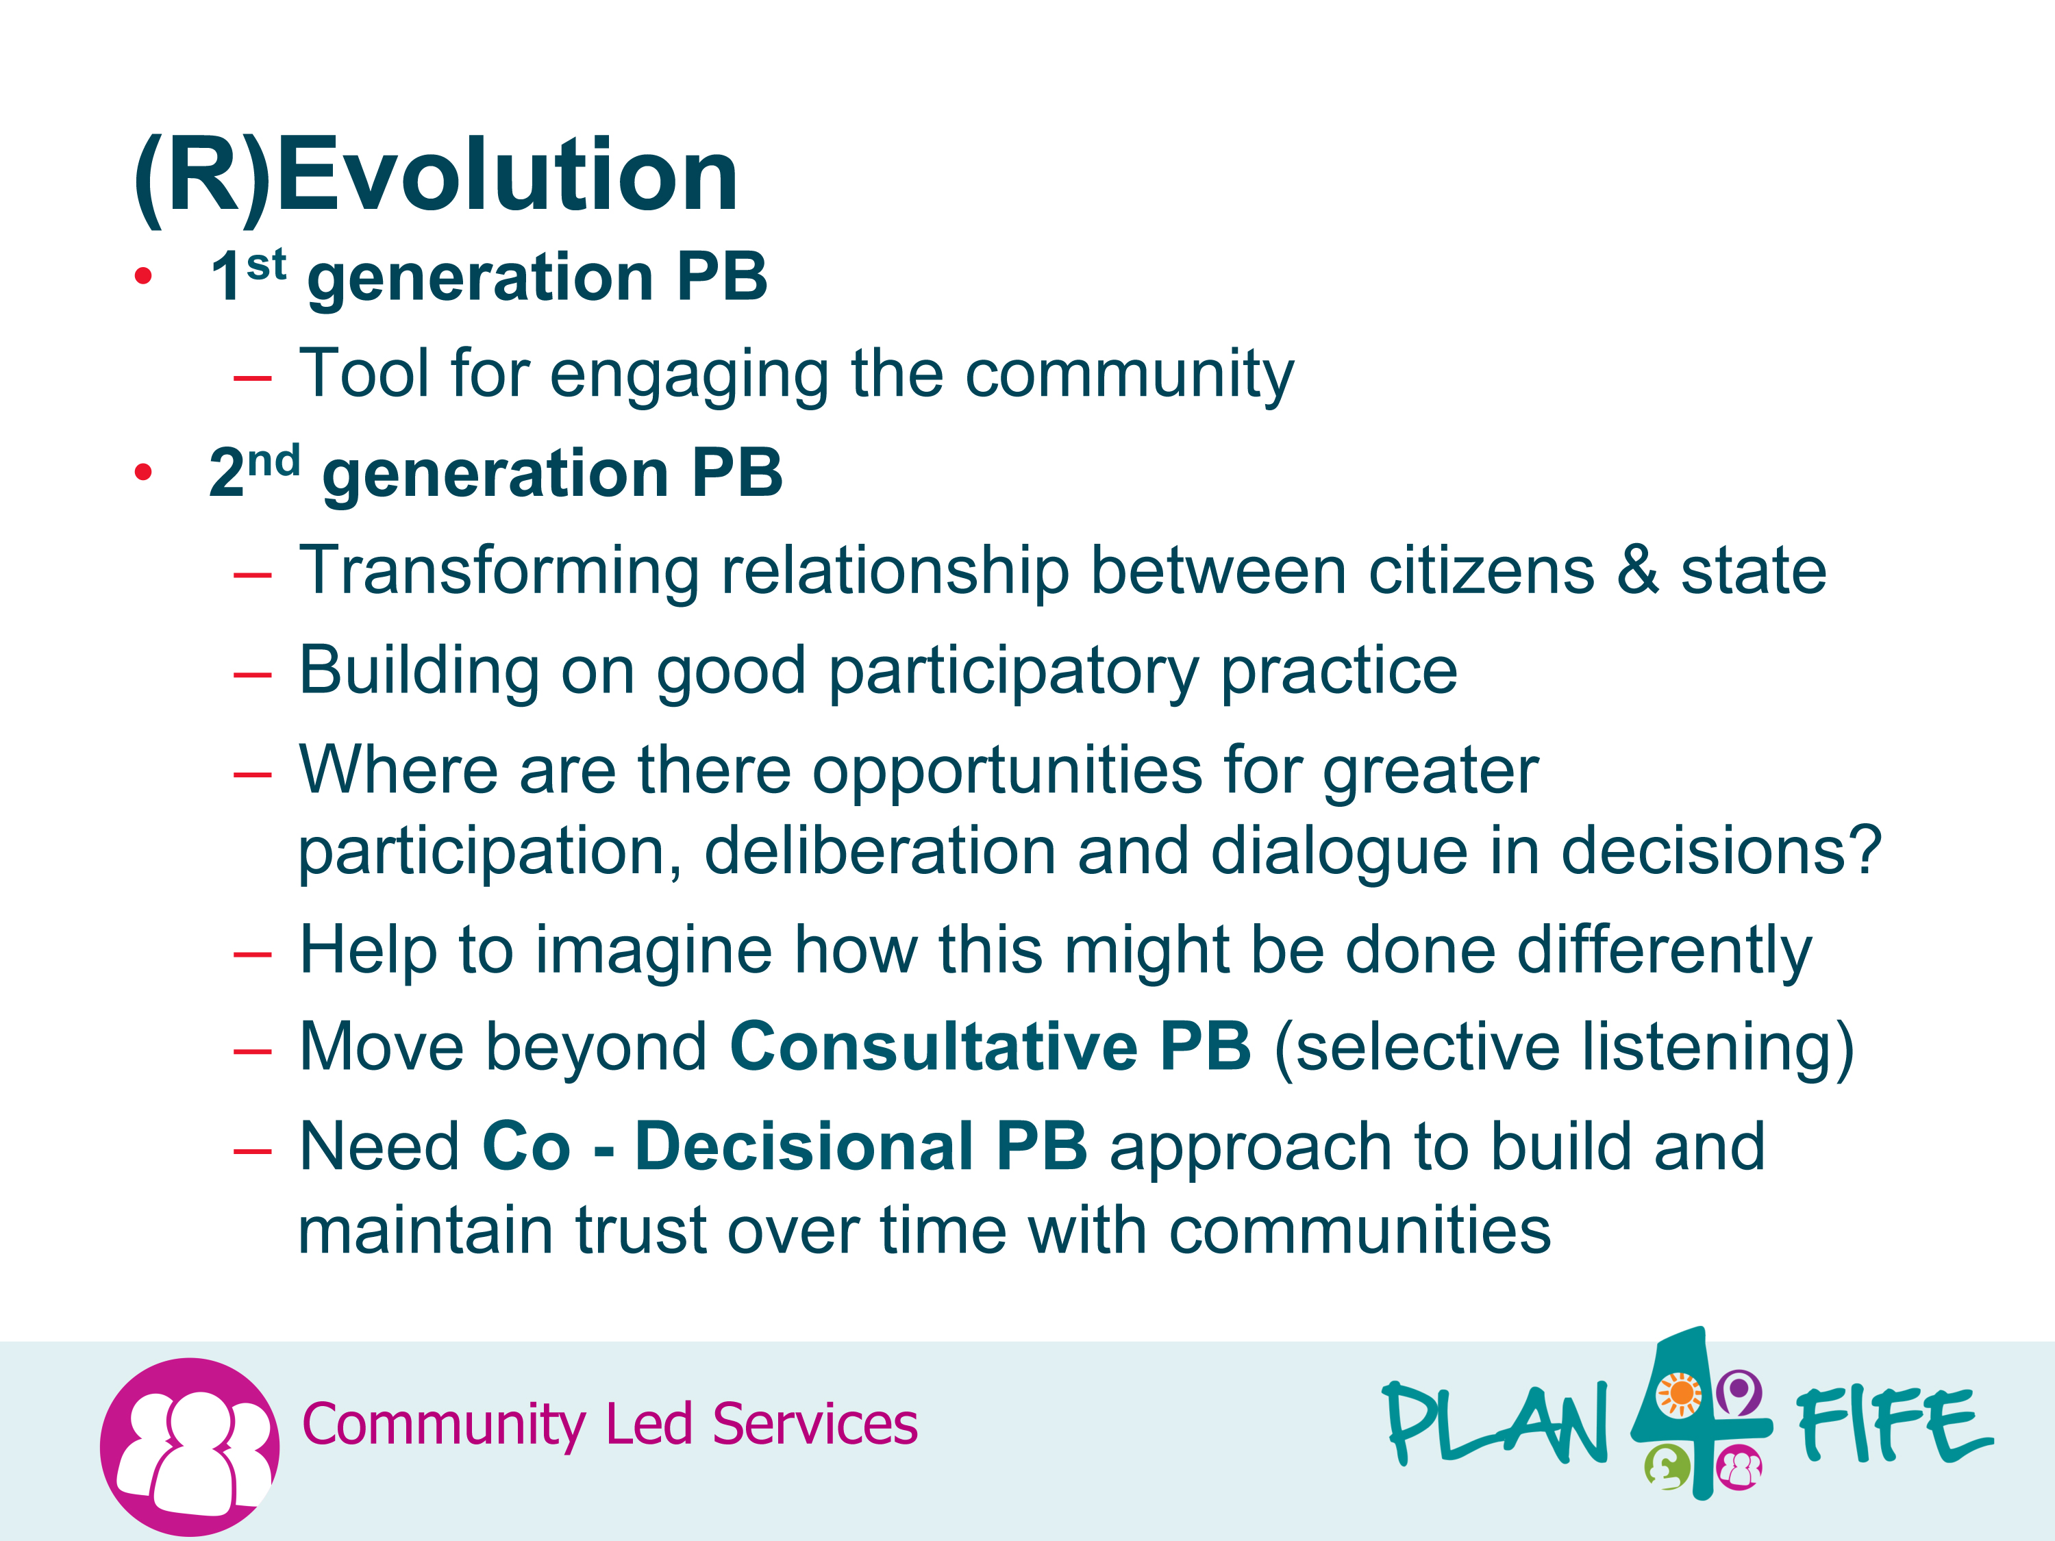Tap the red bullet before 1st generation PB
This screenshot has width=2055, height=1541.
point(143,276)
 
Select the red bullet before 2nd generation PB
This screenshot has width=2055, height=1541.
point(143,473)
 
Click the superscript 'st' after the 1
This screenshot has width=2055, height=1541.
point(266,266)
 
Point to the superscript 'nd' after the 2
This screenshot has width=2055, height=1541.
point(274,462)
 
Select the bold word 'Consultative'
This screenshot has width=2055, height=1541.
point(934,1047)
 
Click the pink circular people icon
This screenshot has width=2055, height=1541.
point(190,1446)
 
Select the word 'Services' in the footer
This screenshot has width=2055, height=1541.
point(814,1424)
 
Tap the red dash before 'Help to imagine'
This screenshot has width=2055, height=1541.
point(253,955)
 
